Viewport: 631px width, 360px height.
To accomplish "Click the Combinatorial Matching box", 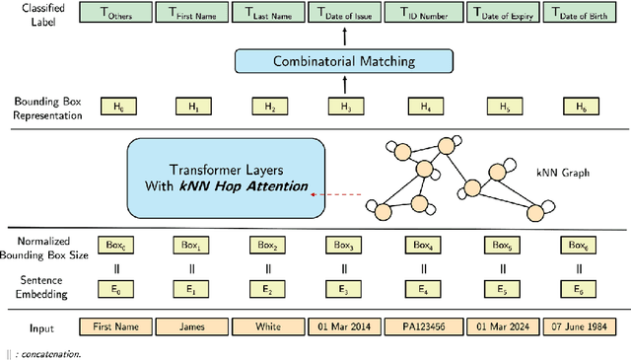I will tap(343, 61).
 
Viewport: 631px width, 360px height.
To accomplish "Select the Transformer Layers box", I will tap(227, 178).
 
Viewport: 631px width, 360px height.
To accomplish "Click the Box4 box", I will tap(424, 244).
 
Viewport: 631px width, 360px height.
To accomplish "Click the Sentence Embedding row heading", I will tap(35, 290).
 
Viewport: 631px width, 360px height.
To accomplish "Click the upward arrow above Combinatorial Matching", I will tap(344, 36).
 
